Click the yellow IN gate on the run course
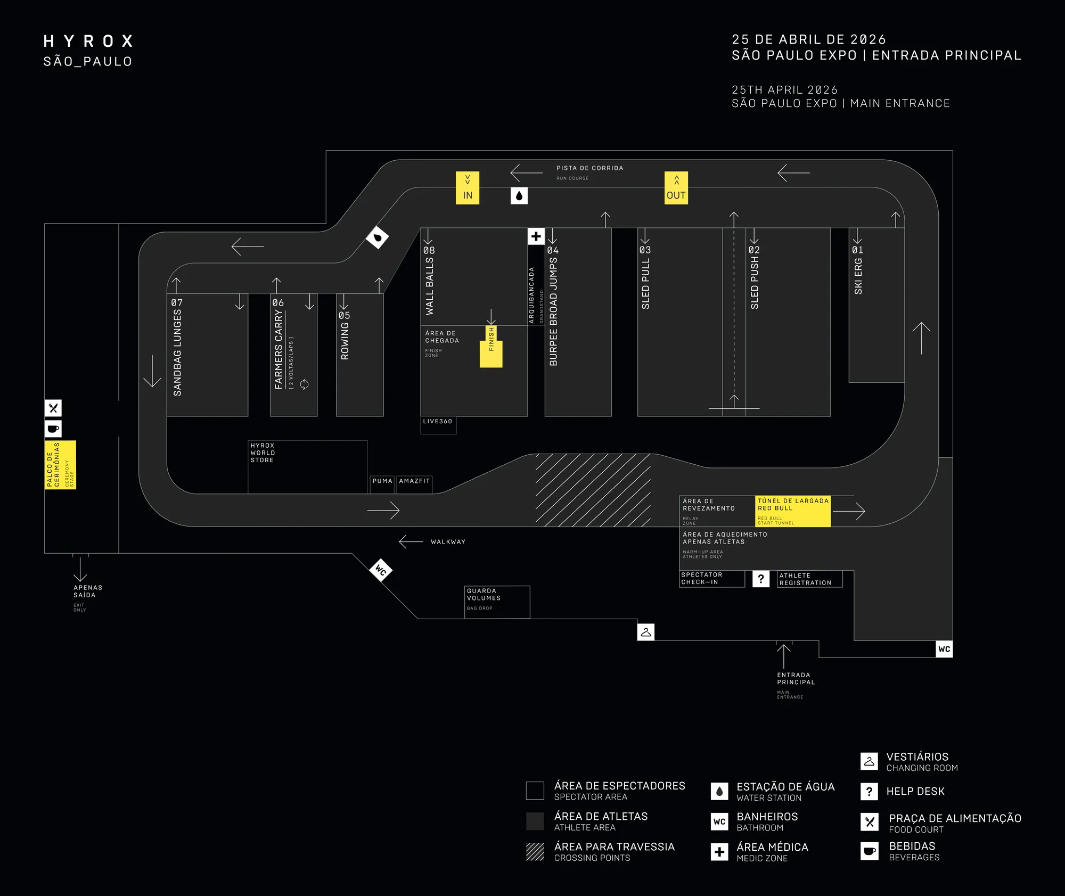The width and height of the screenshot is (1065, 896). click(x=468, y=188)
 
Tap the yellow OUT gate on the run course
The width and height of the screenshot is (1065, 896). click(x=676, y=188)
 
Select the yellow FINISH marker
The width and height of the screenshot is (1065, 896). click(x=491, y=347)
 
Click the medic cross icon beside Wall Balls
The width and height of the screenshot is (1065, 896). click(x=536, y=236)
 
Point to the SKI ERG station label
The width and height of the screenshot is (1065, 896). click(x=858, y=276)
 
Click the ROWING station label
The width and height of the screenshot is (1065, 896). click(x=345, y=341)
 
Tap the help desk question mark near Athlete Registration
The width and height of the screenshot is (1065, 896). click(x=761, y=579)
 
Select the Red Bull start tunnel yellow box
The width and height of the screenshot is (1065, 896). click(x=793, y=512)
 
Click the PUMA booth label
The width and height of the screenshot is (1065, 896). click(x=382, y=481)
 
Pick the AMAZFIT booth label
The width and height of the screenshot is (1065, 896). click(x=414, y=481)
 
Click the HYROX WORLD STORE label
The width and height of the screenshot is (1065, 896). click(x=263, y=453)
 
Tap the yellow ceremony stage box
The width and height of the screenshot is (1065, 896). click(x=60, y=465)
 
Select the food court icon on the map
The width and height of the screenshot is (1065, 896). click(x=53, y=408)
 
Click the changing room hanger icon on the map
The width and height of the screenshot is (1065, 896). click(x=646, y=632)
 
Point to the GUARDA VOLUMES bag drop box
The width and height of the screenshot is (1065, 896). click(x=497, y=602)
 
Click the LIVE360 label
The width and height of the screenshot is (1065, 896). click(x=438, y=422)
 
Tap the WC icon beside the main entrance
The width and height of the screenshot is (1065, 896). click(x=944, y=649)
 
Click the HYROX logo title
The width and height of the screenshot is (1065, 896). click(x=89, y=42)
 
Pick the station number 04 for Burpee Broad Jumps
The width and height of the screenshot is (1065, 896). click(x=553, y=250)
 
